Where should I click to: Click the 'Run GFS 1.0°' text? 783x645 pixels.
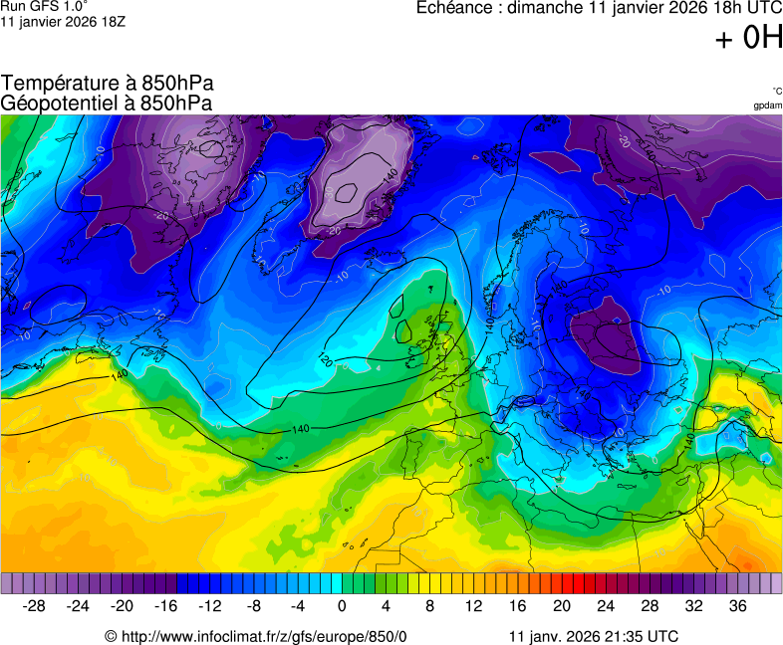[45, 6]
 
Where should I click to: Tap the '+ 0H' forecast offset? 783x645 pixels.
[748, 39]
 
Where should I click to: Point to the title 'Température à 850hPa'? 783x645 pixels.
[108, 84]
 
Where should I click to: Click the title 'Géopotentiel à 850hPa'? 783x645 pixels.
[107, 103]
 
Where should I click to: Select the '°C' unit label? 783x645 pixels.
[776, 91]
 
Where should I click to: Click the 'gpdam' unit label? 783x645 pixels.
[767, 106]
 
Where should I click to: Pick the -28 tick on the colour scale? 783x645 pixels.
[35, 605]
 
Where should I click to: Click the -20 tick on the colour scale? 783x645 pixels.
[123, 605]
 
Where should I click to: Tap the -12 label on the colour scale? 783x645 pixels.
[210, 605]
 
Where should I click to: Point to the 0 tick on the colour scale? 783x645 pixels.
[342, 605]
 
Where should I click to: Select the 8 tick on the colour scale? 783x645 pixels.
[429, 605]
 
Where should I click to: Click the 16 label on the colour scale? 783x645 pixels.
[517, 605]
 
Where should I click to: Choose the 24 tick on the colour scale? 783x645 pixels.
[605, 605]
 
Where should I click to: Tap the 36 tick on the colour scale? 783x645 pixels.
[736, 605]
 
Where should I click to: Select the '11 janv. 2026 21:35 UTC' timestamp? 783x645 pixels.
[594, 636]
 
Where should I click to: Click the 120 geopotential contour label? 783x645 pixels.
[325, 358]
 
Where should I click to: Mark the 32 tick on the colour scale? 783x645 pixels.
[692, 605]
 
